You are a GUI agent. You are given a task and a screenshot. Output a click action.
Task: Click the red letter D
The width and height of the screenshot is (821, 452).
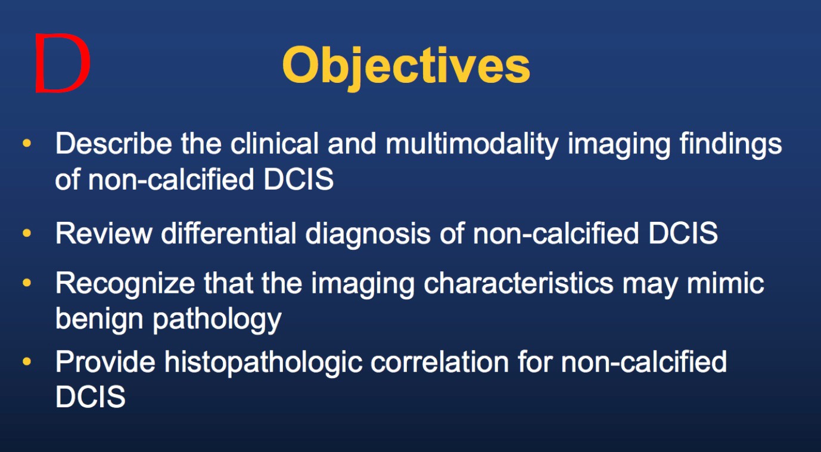click(x=63, y=63)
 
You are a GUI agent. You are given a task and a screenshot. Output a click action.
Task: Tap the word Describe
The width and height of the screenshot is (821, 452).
click(x=114, y=143)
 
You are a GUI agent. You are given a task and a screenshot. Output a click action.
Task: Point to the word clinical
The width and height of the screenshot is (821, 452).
click(x=275, y=143)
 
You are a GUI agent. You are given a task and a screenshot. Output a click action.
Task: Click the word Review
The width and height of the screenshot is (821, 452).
click(x=104, y=233)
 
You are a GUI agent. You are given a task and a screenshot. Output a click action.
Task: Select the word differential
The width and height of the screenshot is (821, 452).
click(x=229, y=233)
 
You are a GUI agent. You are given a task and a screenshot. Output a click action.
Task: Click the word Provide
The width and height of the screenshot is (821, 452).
click(x=105, y=362)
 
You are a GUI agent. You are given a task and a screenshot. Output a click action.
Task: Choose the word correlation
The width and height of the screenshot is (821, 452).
click(x=440, y=362)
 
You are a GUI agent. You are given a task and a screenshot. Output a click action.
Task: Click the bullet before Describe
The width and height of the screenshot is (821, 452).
click(x=27, y=143)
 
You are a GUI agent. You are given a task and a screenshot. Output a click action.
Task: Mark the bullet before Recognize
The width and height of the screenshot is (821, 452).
click(x=27, y=283)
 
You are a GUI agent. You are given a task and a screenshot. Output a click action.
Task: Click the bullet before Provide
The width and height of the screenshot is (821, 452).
click(x=27, y=361)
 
